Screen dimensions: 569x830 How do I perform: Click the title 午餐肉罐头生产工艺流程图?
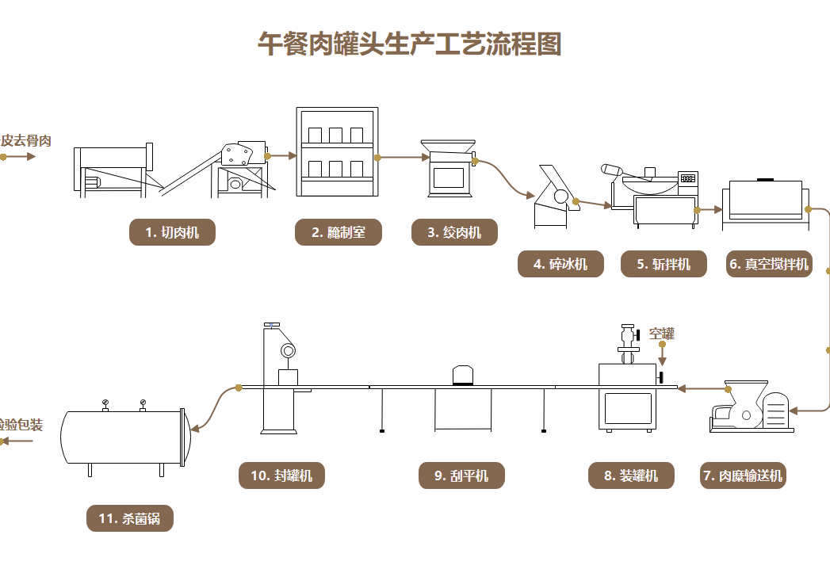[409, 44]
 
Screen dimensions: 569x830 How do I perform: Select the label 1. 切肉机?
[172, 232]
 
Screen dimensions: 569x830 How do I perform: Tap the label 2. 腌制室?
[339, 232]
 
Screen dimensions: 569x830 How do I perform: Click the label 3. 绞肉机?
[454, 232]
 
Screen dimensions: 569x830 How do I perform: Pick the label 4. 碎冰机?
[560, 264]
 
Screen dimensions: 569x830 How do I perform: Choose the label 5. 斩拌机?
[664, 264]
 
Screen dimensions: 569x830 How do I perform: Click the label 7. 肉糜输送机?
[743, 475]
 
